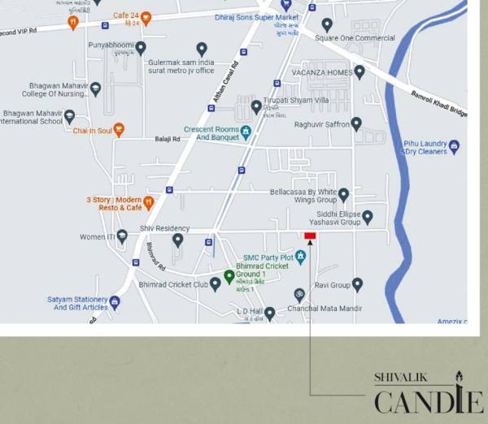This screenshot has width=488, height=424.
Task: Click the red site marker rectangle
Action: tap(310, 236)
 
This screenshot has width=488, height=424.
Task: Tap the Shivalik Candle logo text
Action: tap(428, 393)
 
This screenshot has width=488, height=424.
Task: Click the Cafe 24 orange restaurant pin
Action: tap(146, 18)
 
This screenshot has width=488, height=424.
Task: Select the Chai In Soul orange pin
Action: tap(119, 129)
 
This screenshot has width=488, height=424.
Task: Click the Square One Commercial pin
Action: tap(327, 25)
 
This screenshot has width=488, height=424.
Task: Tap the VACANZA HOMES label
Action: tap(322, 72)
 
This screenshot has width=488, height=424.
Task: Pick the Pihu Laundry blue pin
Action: tap(454, 147)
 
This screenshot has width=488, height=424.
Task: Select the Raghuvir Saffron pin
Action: tap(356, 124)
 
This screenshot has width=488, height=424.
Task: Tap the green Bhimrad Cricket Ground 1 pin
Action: tap(229, 276)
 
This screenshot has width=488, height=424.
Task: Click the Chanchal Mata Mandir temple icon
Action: tap(298, 293)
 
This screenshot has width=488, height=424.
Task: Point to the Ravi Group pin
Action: tap(357, 284)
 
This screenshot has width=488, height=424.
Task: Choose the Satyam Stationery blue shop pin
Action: tap(115, 303)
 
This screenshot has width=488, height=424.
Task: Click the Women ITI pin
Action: tap(122, 236)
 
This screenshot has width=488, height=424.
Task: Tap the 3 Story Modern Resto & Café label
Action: tap(113, 203)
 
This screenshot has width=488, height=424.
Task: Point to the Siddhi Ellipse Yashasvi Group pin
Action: tap(367, 217)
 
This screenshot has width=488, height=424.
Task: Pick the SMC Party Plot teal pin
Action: tap(300, 257)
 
